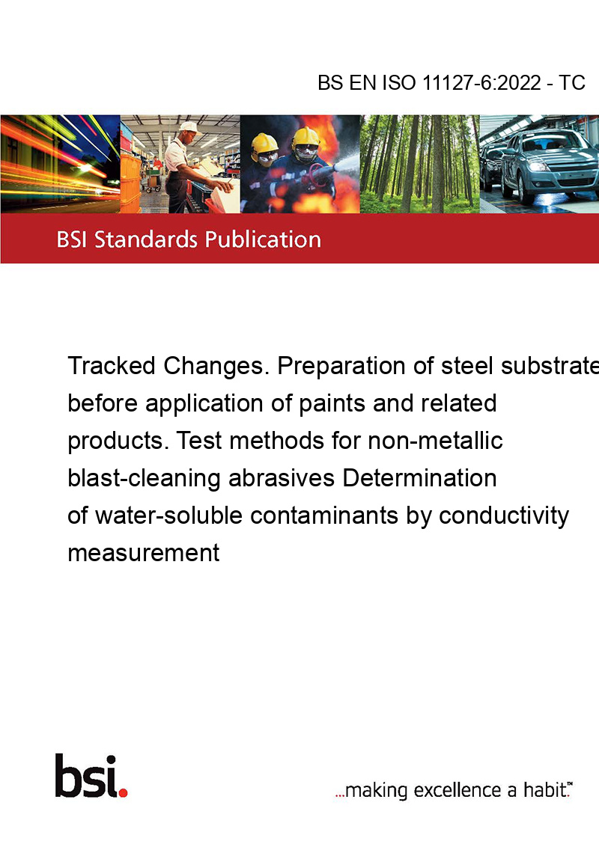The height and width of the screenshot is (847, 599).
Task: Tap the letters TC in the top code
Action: tap(572, 83)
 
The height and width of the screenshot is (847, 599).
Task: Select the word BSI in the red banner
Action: tap(73, 239)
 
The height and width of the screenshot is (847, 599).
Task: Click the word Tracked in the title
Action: tap(112, 366)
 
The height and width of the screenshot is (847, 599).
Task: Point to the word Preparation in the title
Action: tap(341, 367)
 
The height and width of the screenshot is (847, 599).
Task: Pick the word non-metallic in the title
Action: tap(435, 441)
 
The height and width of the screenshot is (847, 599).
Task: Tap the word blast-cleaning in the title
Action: tap(144, 479)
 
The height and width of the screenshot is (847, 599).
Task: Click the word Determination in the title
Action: tap(419, 478)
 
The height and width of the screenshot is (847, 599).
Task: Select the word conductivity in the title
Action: tap(503, 516)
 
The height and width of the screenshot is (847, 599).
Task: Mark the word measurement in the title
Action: tap(144, 553)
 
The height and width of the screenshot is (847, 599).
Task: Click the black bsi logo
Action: tap(87, 776)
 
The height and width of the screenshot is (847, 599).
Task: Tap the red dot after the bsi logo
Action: tap(124, 792)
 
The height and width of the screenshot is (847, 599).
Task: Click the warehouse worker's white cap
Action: tap(189, 127)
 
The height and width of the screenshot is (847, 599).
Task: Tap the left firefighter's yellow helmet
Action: tap(264, 143)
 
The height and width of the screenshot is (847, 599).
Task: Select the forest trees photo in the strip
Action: tap(419, 164)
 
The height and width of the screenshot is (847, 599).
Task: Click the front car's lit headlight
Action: tap(538, 166)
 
